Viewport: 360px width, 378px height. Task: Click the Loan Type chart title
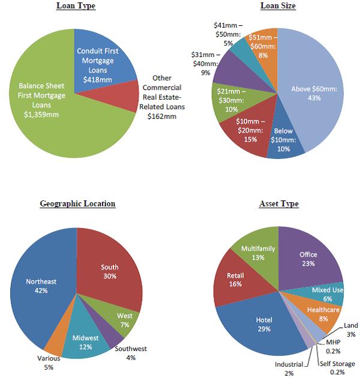(x=76, y=6)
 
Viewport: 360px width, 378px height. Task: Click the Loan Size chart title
(x=278, y=6)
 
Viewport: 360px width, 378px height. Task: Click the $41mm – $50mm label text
(x=229, y=34)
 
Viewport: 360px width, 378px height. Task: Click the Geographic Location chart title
(x=77, y=204)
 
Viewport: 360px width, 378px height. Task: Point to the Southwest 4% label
(x=131, y=353)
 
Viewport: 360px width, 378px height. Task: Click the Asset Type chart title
(x=278, y=204)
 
